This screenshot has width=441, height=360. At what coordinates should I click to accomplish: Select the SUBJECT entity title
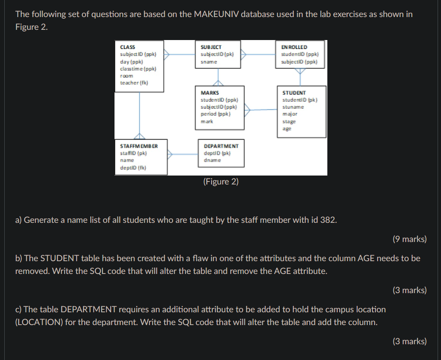[211, 47]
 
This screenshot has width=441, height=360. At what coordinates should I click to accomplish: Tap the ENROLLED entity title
[294, 47]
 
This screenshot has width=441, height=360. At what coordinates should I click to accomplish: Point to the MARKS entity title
[209, 92]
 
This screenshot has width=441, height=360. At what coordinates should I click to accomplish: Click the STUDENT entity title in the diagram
[294, 92]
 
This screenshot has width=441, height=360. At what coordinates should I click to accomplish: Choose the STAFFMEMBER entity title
[139, 146]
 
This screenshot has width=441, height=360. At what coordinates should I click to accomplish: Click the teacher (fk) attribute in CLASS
[134, 83]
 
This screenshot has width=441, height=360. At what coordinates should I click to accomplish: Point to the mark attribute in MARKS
[207, 121]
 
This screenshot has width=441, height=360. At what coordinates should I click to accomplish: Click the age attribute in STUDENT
[287, 129]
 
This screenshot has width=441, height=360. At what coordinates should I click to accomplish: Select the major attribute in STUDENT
[290, 114]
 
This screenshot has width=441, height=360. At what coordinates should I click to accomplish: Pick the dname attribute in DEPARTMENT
[212, 161]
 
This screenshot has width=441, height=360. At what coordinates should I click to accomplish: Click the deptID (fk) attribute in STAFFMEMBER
[133, 168]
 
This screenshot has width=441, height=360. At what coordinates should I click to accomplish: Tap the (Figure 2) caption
[220, 182]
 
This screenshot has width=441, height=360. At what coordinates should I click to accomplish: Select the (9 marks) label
[409, 239]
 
